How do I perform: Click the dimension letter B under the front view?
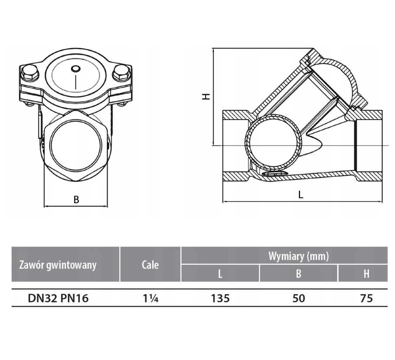pos(76,199)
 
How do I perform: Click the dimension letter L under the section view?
pos(300,194)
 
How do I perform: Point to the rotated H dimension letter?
pos(206,96)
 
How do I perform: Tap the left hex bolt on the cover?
pos(30,72)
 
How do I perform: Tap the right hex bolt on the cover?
pos(121,72)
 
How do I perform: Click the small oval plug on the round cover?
pos(76,69)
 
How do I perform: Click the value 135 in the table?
pos(220,298)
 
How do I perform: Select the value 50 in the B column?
pos(299,298)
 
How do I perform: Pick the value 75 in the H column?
pos(366,298)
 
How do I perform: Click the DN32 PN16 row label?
pos(58,298)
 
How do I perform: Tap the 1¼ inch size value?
pos(151,298)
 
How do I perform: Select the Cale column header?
pos(150,265)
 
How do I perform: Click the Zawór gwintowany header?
pos(58,265)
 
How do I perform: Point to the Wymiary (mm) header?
pos(299,256)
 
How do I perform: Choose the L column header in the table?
pos(220,274)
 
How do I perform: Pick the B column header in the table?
pos(299,274)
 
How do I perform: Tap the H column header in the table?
pos(366,274)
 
